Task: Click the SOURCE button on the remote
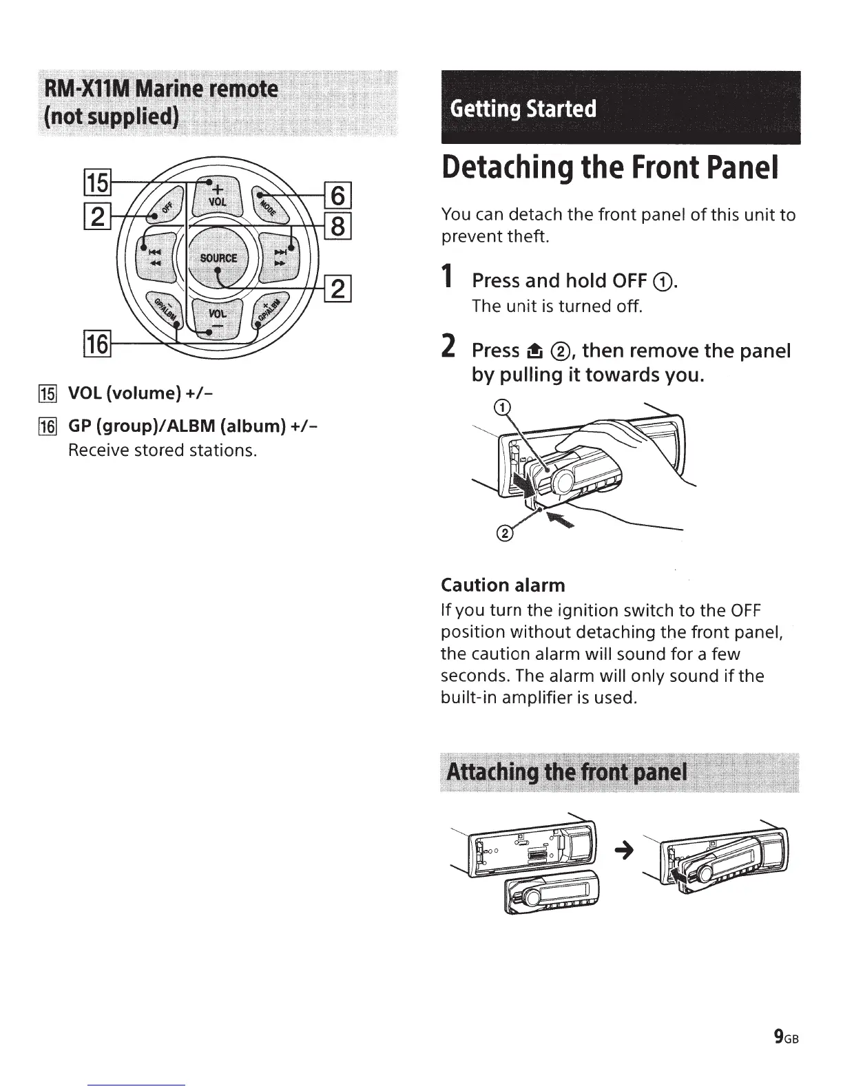point(218,258)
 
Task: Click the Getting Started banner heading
point(523,109)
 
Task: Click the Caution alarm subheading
point(503,585)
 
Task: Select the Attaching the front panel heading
point(567,771)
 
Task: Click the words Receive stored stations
point(163,450)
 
